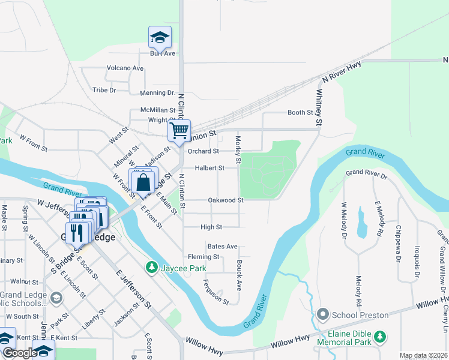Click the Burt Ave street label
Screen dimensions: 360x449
point(162,53)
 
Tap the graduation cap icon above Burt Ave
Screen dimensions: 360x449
point(160,37)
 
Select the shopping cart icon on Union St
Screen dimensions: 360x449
point(179,130)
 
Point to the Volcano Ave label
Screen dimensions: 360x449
point(125,68)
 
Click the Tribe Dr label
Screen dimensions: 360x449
point(104,90)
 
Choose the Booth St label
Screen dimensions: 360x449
point(300,112)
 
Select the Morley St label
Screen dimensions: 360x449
point(238,149)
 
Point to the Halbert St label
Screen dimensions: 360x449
point(209,168)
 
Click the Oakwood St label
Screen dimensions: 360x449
point(225,200)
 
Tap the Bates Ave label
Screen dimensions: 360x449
point(222,247)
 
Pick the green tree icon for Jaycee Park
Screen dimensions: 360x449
point(152,266)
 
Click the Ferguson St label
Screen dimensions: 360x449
point(215,292)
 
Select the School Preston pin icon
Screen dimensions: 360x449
point(323,314)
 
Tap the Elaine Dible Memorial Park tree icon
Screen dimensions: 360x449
point(379,337)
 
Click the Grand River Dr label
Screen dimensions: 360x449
point(367,173)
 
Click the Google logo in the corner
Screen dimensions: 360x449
point(20,353)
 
